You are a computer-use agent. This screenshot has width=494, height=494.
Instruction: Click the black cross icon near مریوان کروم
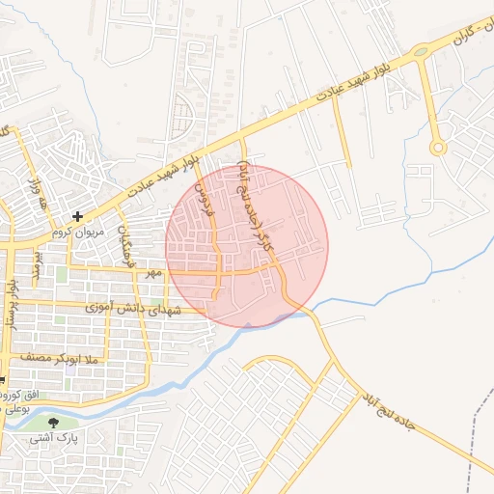[x=78, y=216]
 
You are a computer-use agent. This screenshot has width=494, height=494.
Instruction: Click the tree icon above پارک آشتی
[x=53, y=421]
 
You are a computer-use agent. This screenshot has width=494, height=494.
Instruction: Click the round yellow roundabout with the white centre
[x=437, y=148]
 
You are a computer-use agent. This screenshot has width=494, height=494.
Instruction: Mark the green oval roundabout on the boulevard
[x=420, y=51]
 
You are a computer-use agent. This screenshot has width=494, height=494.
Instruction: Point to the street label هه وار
[x=41, y=198]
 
